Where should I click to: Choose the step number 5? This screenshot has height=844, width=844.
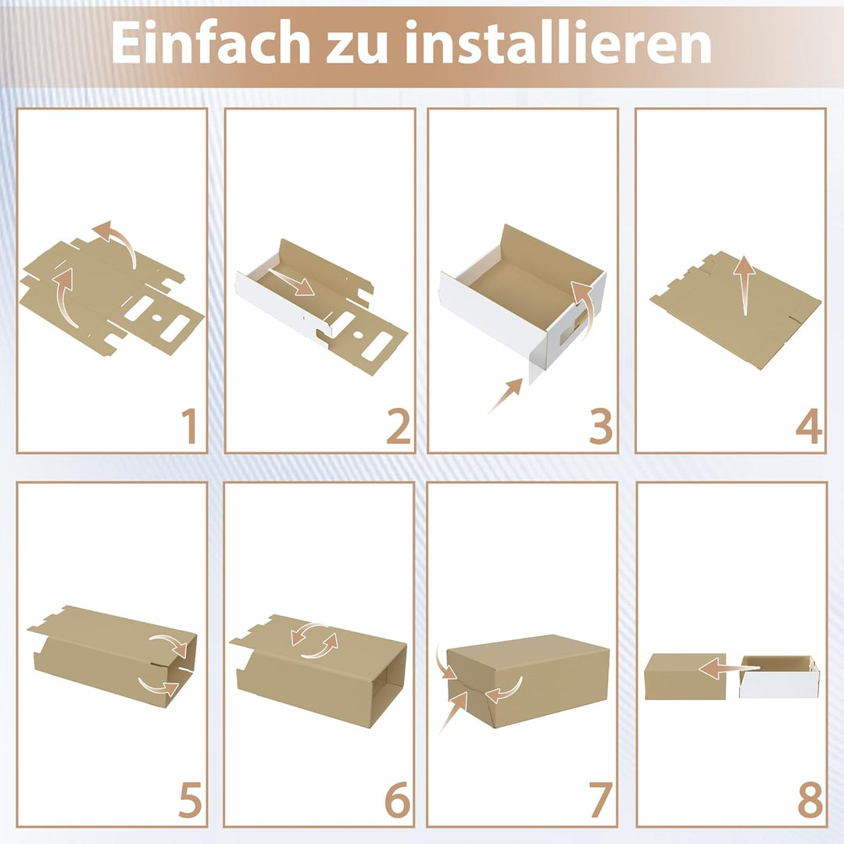(x=189, y=800)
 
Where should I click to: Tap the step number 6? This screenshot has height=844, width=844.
(x=396, y=800)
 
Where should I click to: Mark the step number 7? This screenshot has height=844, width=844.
(x=599, y=800)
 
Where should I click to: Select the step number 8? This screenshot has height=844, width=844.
(x=808, y=800)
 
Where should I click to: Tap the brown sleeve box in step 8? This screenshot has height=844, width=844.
(x=674, y=677)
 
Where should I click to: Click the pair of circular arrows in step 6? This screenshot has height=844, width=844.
(x=314, y=639)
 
